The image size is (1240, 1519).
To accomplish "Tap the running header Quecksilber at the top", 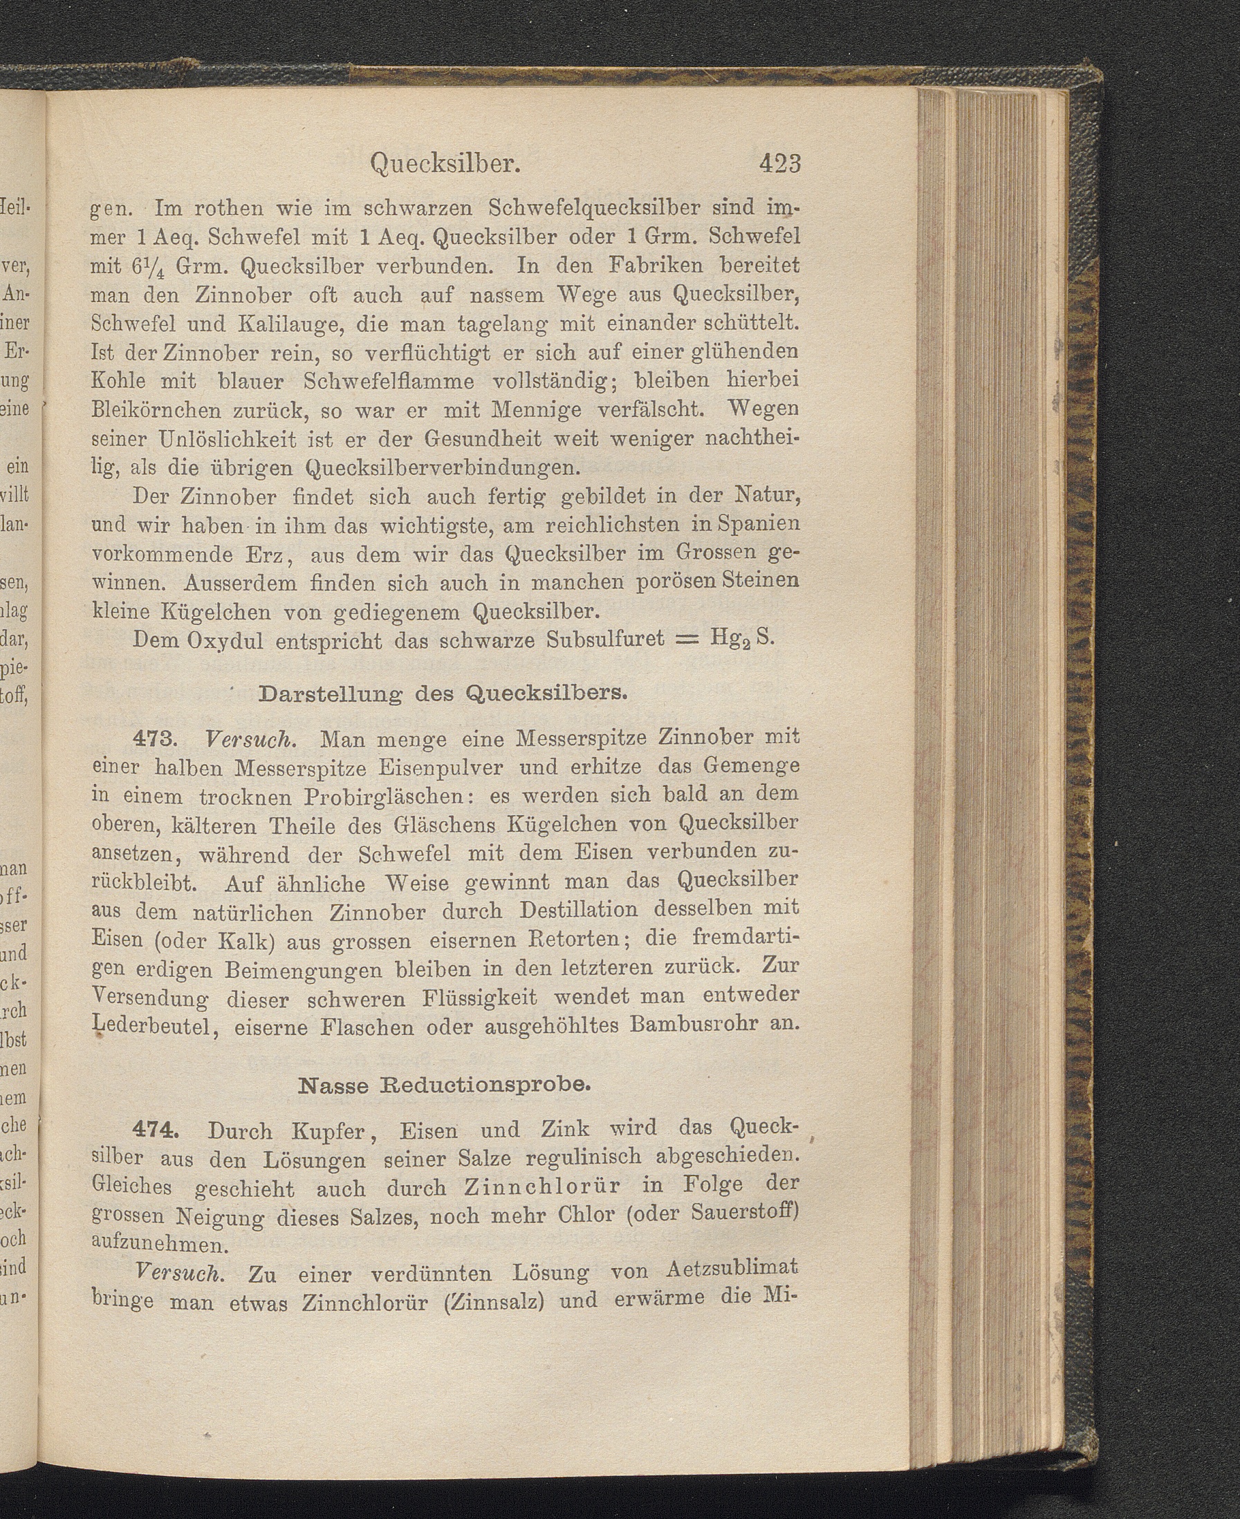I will pyautogui.click(x=444, y=165).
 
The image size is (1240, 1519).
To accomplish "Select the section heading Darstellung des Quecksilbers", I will pyautogui.click(x=443, y=693).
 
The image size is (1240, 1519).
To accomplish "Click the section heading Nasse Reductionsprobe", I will pyautogui.click(x=443, y=1086).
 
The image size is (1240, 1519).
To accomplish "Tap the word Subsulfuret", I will pyautogui.click(x=605, y=638).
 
